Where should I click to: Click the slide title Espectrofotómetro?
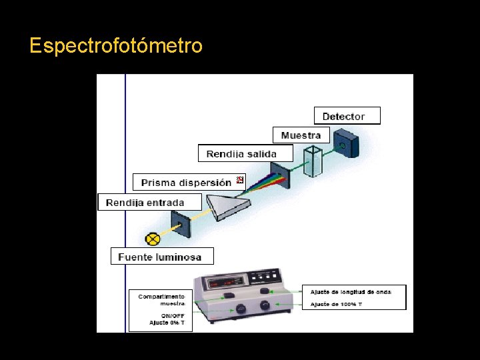point(116,46)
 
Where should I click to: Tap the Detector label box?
point(347,116)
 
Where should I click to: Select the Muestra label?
point(301,135)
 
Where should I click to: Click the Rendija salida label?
point(246,154)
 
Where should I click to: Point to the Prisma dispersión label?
point(186,182)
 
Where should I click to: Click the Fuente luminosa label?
point(161,257)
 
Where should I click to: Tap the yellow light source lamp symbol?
point(153,239)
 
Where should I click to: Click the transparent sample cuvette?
point(312,161)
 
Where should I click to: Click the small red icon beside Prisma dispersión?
point(241,180)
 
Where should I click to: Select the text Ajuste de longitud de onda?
point(351,291)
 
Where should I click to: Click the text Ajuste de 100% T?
point(337,304)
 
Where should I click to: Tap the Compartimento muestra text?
point(161,299)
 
